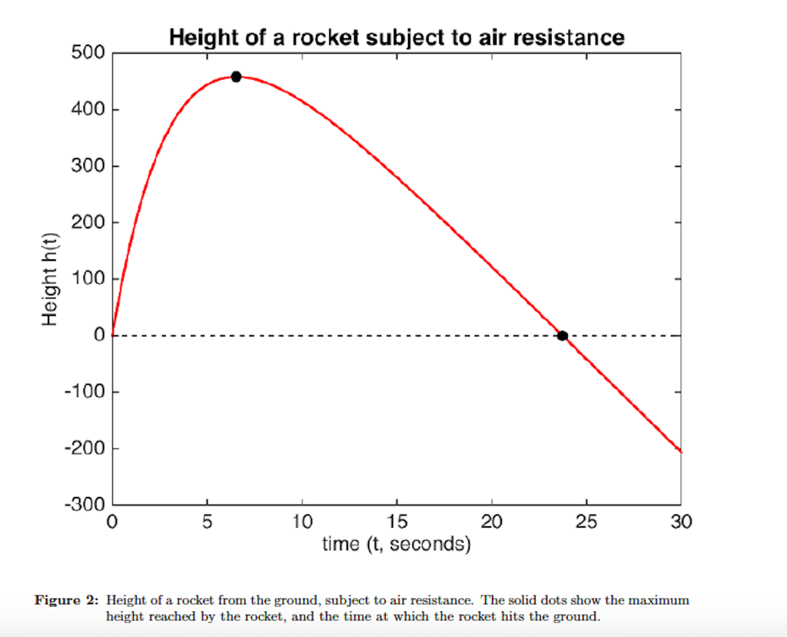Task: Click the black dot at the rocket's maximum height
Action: click(236, 76)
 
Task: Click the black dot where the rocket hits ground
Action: click(563, 335)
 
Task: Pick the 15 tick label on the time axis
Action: click(397, 522)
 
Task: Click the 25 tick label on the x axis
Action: click(586, 522)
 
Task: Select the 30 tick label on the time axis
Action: click(681, 522)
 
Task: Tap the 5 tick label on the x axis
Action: click(208, 522)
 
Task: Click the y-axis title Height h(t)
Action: click(51, 278)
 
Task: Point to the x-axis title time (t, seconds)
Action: click(396, 545)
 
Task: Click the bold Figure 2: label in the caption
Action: click(68, 600)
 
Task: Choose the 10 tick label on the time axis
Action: click(302, 522)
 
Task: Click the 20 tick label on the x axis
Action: click(492, 522)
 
